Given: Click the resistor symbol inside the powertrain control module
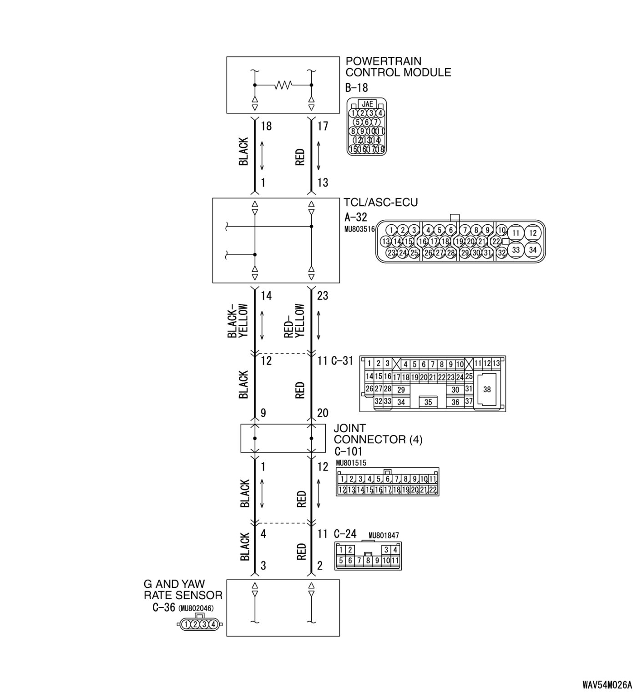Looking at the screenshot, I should (x=283, y=85).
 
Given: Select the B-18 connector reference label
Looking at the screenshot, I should (x=356, y=87).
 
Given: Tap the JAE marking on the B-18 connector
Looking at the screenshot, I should (x=367, y=104).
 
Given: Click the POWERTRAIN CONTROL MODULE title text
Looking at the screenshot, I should (x=398, y=66).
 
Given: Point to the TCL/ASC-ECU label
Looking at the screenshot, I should (x=380, y=202).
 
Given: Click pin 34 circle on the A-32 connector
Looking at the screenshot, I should (x=533, y=250).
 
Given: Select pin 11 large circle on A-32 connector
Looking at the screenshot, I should (x=516, y=233).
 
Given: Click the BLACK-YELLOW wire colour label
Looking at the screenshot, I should (x=238, y=321).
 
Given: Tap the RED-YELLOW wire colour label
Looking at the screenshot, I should (x=294, y=321).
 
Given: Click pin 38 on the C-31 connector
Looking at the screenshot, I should (x=487, y=389).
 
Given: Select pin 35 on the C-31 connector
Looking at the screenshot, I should (x=428, y=402).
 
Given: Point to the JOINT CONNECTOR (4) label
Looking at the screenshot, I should (x=378, y=434).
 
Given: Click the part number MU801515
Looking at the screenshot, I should (x=351, y=463).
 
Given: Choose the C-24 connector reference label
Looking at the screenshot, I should (x=345, y=534).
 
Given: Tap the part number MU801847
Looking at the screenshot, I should (x=384, y=536).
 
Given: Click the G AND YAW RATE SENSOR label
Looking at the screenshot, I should (x=183, y=589).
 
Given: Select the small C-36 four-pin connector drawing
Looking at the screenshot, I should (x=200, y=624).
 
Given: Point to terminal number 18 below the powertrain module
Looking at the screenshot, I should (x=266, y=126).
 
